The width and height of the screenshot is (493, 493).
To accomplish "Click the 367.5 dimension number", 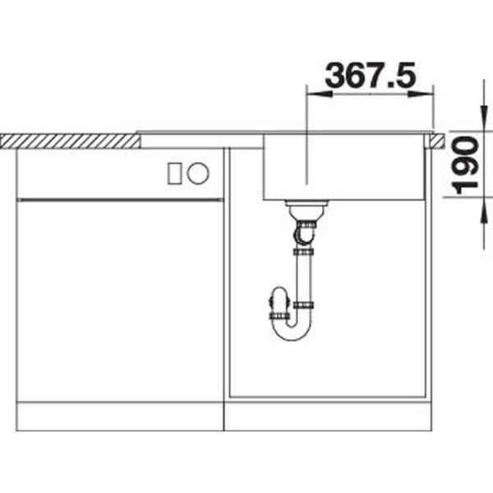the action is click(371, 76).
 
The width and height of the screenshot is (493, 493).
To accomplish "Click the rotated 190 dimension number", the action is click(465, 165).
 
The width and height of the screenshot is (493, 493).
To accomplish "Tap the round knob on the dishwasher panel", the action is click(198, 173).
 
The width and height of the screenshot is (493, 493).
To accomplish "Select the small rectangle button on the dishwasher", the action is click(174, 173).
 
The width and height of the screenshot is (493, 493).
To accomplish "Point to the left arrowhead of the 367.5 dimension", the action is click(319, 94).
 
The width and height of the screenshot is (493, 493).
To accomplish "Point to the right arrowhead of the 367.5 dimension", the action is click(421, 94).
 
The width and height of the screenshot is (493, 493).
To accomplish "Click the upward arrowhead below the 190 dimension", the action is click(485, 210).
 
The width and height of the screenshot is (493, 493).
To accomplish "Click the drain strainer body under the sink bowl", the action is click(306, 210).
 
